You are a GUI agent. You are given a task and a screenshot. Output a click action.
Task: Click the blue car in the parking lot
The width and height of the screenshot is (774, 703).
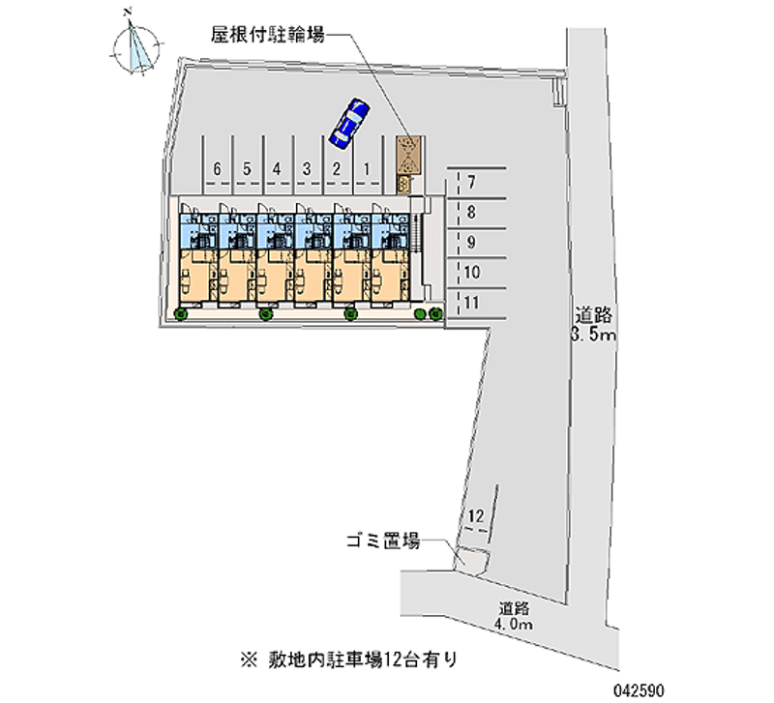click(x=348, y=123)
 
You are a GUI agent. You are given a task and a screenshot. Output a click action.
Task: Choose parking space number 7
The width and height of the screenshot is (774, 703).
click(x=471, y=183)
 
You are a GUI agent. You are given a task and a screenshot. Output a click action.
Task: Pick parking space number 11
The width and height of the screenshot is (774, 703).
click(x=471, y=303)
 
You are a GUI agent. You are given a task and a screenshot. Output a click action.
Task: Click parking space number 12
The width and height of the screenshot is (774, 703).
click(x=475, y=517)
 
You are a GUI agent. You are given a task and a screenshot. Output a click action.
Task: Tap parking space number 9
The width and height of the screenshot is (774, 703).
click(x=471, y=243)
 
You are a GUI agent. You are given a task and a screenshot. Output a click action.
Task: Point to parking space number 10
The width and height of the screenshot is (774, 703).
click(x=471, y=273)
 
